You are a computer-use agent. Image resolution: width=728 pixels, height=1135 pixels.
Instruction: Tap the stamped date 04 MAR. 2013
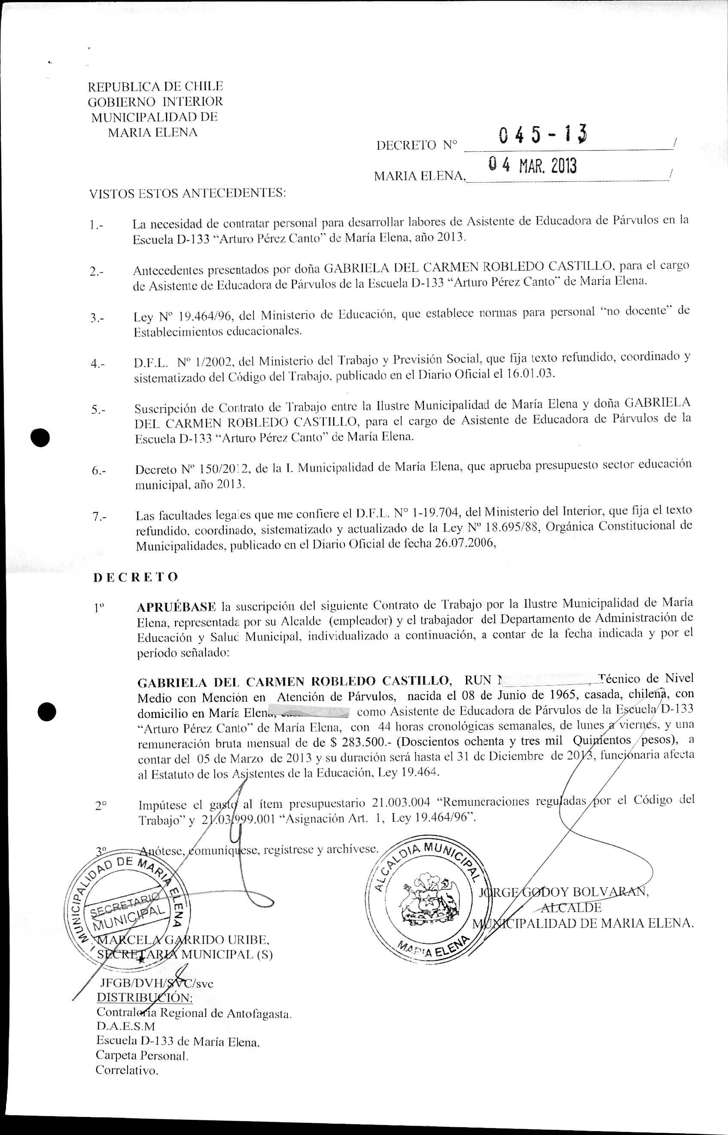coord(532,166)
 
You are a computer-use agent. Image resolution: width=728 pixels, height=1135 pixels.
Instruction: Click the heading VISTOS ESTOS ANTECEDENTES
coord(188,194)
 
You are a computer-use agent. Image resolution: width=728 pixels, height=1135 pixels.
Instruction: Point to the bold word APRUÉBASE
coord(176,607)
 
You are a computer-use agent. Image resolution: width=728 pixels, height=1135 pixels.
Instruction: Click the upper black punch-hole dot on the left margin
coord(41,438)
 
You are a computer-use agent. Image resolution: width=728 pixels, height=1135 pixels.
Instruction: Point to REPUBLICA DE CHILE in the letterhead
coord(155,86)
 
